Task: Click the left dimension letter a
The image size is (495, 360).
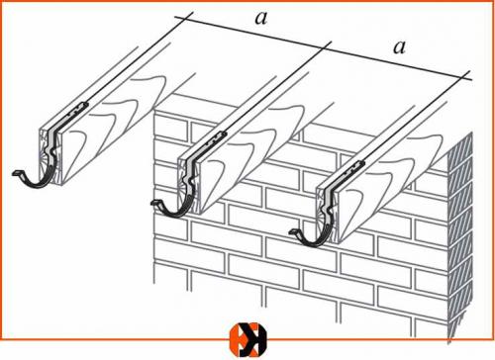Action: [x=260, y=19]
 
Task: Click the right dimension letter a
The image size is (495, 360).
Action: [x=399, y=47]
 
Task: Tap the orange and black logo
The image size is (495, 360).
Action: [x=247, y=340]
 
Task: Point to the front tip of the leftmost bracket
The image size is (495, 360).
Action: [x=13, y=173]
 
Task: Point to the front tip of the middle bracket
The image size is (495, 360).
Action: [x=151, y=203]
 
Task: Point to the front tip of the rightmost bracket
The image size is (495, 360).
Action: [x=290, y=231]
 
